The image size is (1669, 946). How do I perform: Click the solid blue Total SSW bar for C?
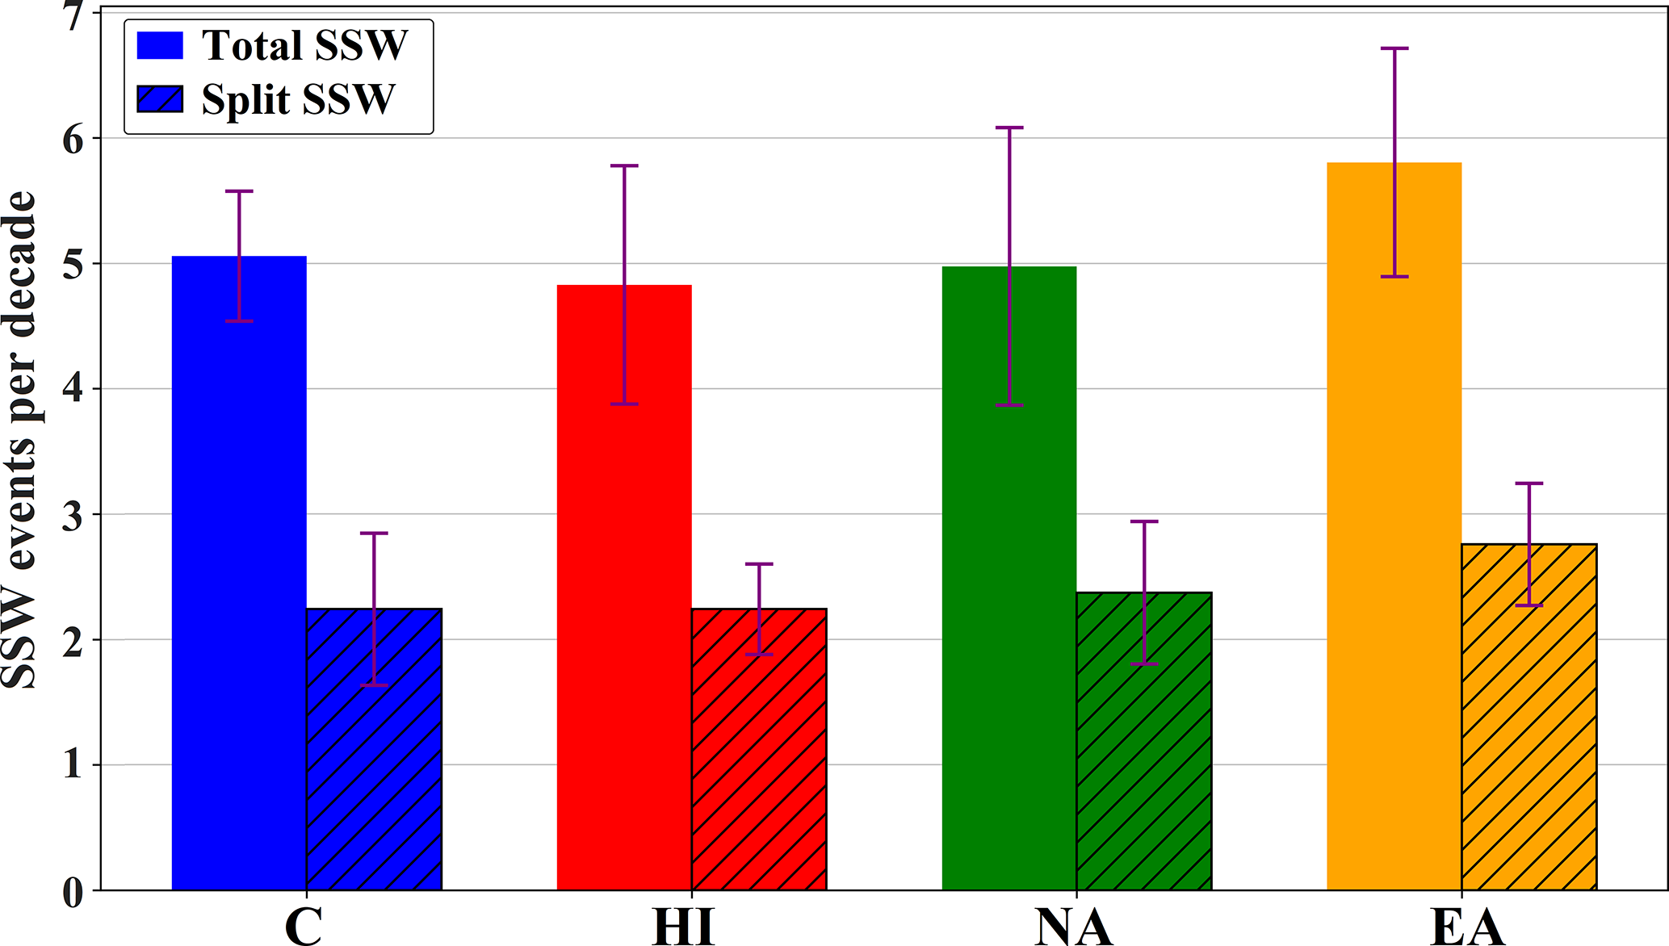coord(239,573)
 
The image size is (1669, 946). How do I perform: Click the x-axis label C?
coord(304,927)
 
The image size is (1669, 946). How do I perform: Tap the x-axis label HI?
coord(684,927)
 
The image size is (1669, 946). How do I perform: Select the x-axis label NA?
coord(1074,927)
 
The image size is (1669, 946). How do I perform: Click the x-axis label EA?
coord(1467,927)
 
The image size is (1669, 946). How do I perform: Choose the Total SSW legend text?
coord(304,45)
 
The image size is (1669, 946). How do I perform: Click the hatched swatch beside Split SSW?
coord(160,99)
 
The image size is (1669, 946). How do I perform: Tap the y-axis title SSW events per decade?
coord(19,440)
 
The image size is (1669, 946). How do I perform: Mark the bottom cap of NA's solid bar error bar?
coord(1009,405)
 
